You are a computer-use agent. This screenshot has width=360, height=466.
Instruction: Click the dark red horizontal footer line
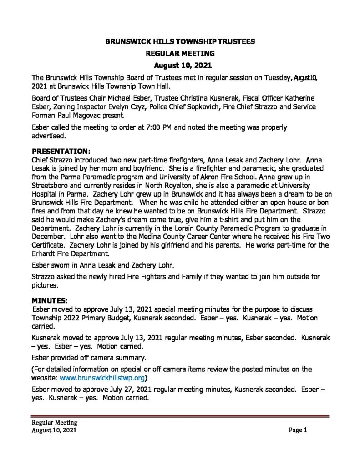(180, 415)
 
